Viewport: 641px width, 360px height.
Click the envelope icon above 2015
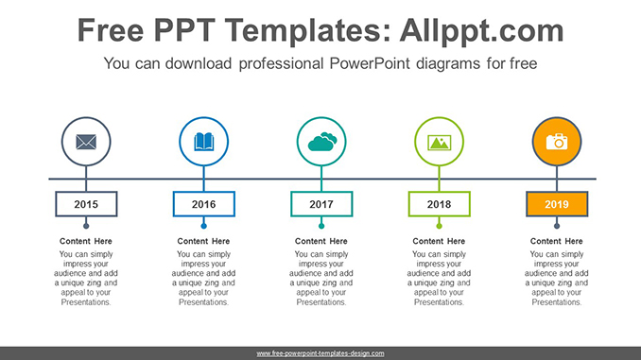[86, 143]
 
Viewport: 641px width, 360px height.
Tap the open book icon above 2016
[204, 143]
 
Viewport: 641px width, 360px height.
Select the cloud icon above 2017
[321, 143]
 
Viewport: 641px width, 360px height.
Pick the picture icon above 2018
[439, 143]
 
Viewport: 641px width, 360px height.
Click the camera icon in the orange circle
[557, 142]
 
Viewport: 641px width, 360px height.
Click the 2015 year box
[86, 204]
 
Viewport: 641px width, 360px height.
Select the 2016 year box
[204, 204]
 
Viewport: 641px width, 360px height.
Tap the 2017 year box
[321, 204]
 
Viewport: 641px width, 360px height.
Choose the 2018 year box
[439, 204]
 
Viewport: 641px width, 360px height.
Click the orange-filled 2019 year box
[557, 204]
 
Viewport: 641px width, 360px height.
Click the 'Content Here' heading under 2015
[87, 242]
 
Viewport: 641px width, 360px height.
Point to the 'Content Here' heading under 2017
[321, 242]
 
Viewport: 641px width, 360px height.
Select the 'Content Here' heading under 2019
[557, 242]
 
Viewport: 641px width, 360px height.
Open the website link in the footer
[320, 353]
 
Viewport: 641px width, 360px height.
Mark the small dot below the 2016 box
[204, 226]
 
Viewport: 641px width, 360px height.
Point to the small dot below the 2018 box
[439, 226]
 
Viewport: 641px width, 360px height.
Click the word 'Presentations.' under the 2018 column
[439, 302]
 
